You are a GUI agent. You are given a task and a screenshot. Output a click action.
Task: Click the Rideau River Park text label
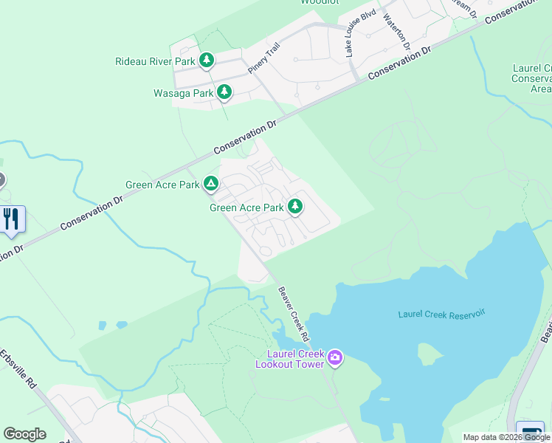(x=155, y=61)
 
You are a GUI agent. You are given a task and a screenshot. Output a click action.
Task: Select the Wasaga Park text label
(x=183, y=94)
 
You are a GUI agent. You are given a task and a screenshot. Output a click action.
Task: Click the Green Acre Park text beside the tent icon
(x=162, y=185)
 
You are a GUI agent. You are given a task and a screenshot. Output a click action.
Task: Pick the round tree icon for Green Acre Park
(x=295, y=207)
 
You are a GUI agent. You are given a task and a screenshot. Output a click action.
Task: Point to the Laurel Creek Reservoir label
(x=441, y=315)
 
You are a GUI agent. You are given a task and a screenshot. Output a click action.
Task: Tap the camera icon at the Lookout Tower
(x=335, y=358)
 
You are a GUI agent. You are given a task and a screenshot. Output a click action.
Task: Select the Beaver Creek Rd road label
(x=294, y=313)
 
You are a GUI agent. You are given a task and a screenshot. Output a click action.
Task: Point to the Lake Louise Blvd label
(x=360, y=33)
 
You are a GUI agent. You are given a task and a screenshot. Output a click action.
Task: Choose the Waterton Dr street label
(x=396, y=31)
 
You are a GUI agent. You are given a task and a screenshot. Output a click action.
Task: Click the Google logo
(x=24, y=434)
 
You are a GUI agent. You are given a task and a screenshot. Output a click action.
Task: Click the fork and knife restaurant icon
(x=11, y=219)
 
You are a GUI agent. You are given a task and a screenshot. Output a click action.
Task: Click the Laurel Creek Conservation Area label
(x=533, y=78)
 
